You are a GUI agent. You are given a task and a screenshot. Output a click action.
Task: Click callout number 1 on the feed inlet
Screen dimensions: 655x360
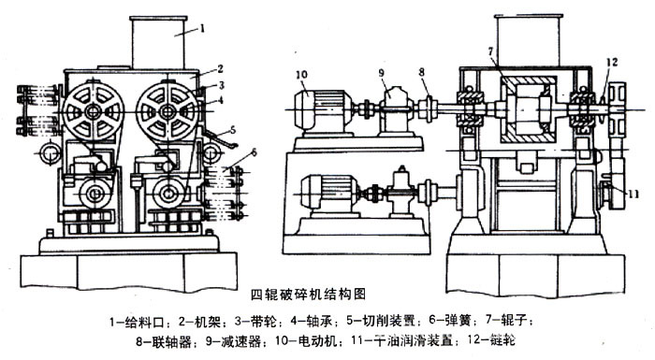click(x=202, y=28)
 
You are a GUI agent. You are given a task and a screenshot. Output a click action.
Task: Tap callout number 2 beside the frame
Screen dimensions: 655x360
click(x=220, y=68)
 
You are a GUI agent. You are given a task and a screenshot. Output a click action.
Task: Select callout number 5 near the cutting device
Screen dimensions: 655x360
click(x=233, y=129)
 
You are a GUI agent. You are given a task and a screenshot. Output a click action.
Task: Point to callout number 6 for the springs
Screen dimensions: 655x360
click(x=254, y=152)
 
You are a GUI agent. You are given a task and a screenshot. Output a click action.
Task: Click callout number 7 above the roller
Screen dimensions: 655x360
click(x=490, y=51)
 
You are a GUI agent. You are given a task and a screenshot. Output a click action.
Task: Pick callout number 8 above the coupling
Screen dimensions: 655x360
click(x=421, y=72)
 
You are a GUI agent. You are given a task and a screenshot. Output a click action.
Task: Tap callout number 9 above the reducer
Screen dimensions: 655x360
click(x=382, y=73)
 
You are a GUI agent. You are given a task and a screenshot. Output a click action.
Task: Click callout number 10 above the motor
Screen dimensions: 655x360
click(x=301, y=75)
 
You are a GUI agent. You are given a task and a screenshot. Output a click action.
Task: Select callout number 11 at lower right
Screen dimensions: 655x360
click(x=633, y=194)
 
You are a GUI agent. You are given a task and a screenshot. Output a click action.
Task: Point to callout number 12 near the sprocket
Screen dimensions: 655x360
click(x=612, y=63)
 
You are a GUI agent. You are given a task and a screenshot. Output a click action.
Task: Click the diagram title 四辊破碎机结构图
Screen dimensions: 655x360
click(x=308, y=295)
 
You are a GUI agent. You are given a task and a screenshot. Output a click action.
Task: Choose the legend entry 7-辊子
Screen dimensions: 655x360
click(x=508, y=321)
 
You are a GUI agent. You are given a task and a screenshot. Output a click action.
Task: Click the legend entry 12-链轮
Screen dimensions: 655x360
click(x=492, y=340)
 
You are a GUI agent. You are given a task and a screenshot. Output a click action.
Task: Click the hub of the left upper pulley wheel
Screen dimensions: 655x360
click(x=93, y=111)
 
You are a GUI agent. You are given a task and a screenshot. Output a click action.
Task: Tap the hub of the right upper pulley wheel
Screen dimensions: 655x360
click(x=167, y=111)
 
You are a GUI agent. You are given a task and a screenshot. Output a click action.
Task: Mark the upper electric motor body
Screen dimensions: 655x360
click(x=321, y=109)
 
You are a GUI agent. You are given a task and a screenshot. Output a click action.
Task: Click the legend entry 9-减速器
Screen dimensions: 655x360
click(x=234, y=342)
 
